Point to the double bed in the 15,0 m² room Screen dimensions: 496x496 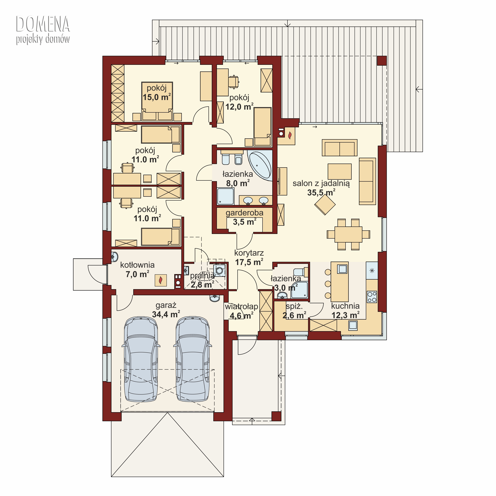tap(157, 101)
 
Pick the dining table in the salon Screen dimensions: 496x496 tap(348, 234)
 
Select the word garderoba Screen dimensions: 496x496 tap(244, 213)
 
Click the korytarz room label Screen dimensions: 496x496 tap(249, 253)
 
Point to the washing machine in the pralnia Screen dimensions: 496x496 tap(220, 270)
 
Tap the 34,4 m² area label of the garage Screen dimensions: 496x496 tap(166, 314)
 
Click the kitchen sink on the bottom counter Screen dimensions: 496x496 tap(353, 325)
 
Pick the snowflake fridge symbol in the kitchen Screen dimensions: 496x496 tap(372, 271)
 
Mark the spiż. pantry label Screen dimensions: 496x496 tap(294, 306)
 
